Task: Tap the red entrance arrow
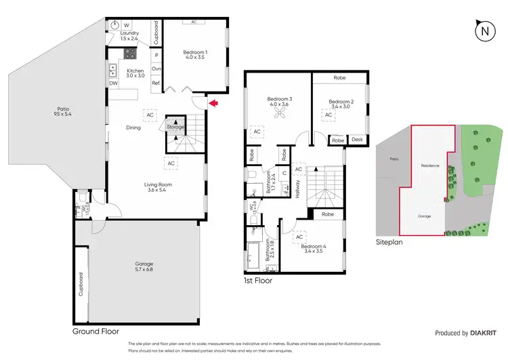(x=213, y=103)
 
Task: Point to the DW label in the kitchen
(x=113, y=83)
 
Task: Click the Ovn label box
(x=156, y=69)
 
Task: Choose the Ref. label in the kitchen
(x=156, y=83)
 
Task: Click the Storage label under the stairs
(x=175, y=127)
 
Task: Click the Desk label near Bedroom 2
(x=356, y=140)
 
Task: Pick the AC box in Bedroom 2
(x=328, y=115)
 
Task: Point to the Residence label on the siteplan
(x=429, y=165)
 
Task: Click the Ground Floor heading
(x=96, y=332)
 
